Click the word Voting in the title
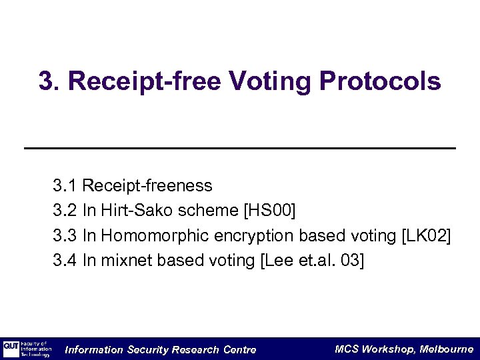pyautogui.click(x=273, y=81)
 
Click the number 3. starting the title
pyautogui.click(x=50, y=81)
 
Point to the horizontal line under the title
pyautogui.click(x=240, y=147)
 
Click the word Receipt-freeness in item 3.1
pyautogui.click(x=147, y=185)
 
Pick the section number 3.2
pyautogui.click(x=65, y=211)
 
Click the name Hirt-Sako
pyautogui.click(x=131, y=211)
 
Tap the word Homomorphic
pyautogui.click(x=155, y=235)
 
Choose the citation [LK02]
pyautogui.click(x=425, y=235)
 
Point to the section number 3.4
pyautogui.click(x=65, y=260)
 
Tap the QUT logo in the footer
pyautogui.click(x=11, y=349)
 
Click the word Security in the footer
pyautogui.click(x=147, y=349)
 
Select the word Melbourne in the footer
pyautogui.click(x=447, y=349)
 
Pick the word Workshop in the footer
pyautogui.click(x=390, y=349)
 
